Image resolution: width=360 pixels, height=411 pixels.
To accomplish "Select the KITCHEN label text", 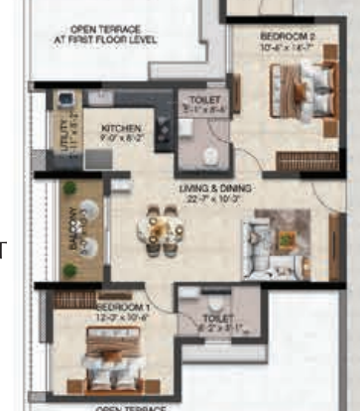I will coord(121,129).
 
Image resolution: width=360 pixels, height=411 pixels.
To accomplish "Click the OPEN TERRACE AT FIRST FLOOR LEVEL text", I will coord(110,36).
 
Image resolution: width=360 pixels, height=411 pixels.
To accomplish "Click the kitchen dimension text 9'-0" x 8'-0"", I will coord(121,140).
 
